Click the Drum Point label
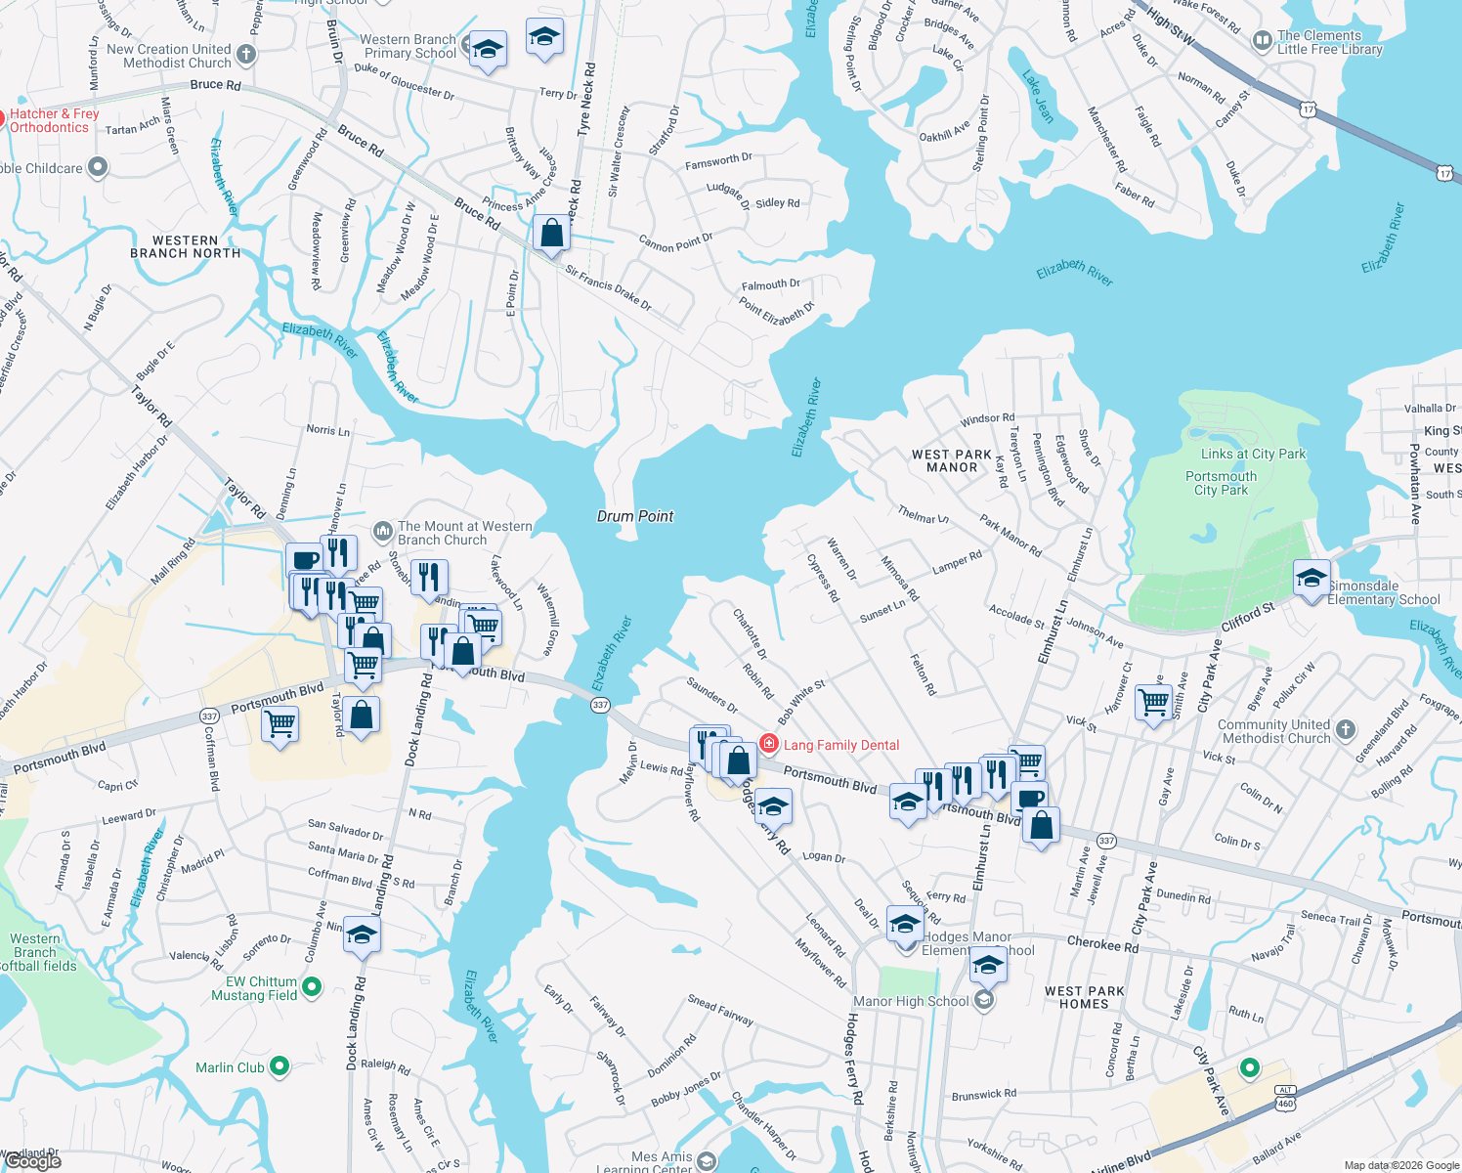tap(635, 516)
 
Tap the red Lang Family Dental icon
tap(769, 745)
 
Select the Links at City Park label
tap(1253, 454)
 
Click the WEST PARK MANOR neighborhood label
tap(952, 460)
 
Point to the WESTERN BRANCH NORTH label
tap(185, 246)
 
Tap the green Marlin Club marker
tap(279, 1066)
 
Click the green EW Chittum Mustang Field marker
tap(312, 987)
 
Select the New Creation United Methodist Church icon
tap(246, 55)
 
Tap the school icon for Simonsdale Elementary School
tap(1311, 577)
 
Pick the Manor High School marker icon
tap(984, 1000)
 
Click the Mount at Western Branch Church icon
tap(382, 532)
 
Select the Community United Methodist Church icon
tap(1346, 729)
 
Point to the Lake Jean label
tap(1038, 96)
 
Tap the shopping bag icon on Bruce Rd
tap(552, 234)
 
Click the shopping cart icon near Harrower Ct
tap(1154, 701)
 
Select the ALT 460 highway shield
tap(1285, 1097)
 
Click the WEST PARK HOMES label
tap(1084, 997)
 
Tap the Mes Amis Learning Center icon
tap(707, 1161)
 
